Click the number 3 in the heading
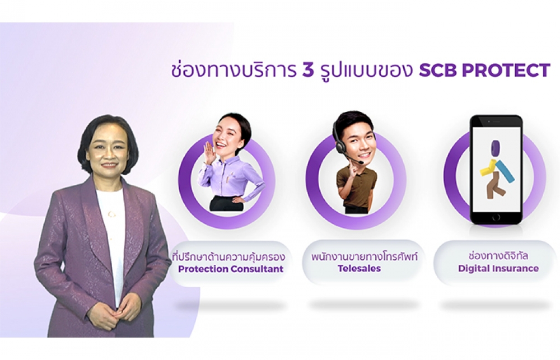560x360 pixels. click(x=308, y=71)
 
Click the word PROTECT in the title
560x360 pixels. click(x=506, y=71)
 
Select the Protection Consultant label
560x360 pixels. click(x=231, y=269)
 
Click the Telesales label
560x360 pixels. click(x=360, y=268)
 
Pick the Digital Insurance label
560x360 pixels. click(x=498, y=268)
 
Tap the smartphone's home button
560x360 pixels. click(x=496, y=217)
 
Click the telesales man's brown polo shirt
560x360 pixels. click(x=357, y=186)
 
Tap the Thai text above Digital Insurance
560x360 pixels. click(x=498, y=256)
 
